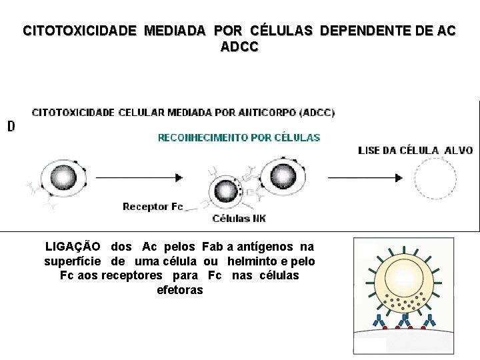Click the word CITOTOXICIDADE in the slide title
(79, 31)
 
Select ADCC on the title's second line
(239, 47)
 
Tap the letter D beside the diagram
(11, 126)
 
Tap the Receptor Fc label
(152, 207)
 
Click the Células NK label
(239, 218)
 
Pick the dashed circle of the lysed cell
(435, 179)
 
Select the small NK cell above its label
(226, 192)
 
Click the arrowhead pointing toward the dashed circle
(398, 178)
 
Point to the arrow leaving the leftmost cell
(137, 177)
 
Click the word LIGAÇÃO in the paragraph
(73, 247)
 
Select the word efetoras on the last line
(179, 290)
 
